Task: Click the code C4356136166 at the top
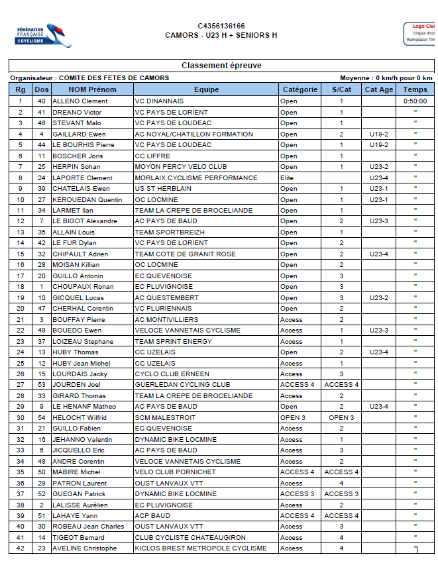coord(221,26)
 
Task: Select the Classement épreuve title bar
coord(221,66)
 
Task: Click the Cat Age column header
coord(379,89)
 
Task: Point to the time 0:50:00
coord(415,101)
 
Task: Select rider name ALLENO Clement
coord(80,101)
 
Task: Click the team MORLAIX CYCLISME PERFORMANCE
coord(196,178)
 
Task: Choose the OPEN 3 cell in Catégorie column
coord(293,417)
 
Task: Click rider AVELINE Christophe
coord(85,548)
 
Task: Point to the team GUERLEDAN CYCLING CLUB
coord(183,385)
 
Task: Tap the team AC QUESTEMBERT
coord(166,297)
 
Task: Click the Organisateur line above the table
coord(89,78)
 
